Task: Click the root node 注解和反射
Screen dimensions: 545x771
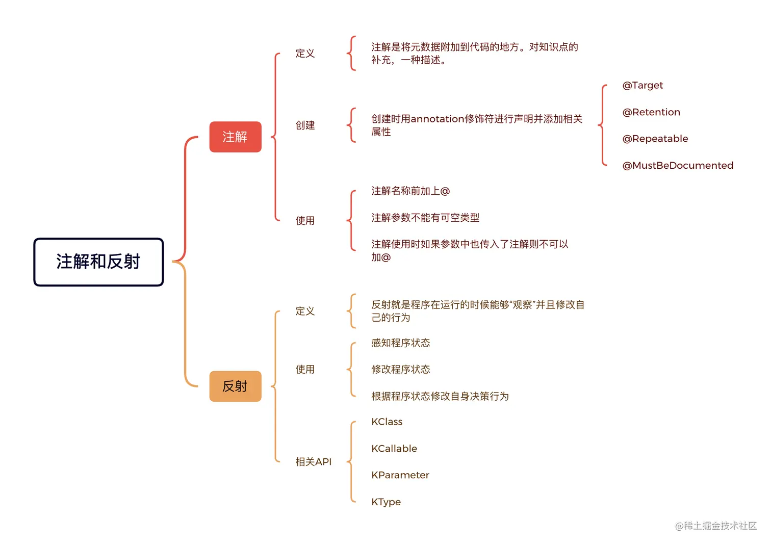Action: [98, 262]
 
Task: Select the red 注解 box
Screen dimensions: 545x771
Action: [235, 137]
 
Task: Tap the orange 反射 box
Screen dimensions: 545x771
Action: [235, 386]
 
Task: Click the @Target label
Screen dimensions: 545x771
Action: [642, 85]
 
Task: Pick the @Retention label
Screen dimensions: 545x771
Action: [651, 112]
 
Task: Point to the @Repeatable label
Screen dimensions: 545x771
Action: [655, 139]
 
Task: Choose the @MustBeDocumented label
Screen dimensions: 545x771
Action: [678, 165]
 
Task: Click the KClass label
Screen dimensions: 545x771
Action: [387, 422]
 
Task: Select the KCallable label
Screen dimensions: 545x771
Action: [394, 449]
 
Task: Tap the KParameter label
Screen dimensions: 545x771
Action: [400, 475]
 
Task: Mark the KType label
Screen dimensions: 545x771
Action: [386, 502]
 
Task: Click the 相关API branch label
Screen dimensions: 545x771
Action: [313, 461]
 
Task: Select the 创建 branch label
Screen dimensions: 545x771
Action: [305, 125]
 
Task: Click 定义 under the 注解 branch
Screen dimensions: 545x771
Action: [305, 53]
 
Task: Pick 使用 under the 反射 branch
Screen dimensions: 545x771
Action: [305, 369]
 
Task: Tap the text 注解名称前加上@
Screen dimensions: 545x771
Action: [410, 191]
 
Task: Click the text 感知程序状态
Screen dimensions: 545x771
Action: [400, 343]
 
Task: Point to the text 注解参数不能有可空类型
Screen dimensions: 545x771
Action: [425, 218]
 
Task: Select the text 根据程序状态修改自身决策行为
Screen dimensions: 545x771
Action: [440, 396]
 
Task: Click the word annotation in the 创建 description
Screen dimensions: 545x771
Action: [438, 119]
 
